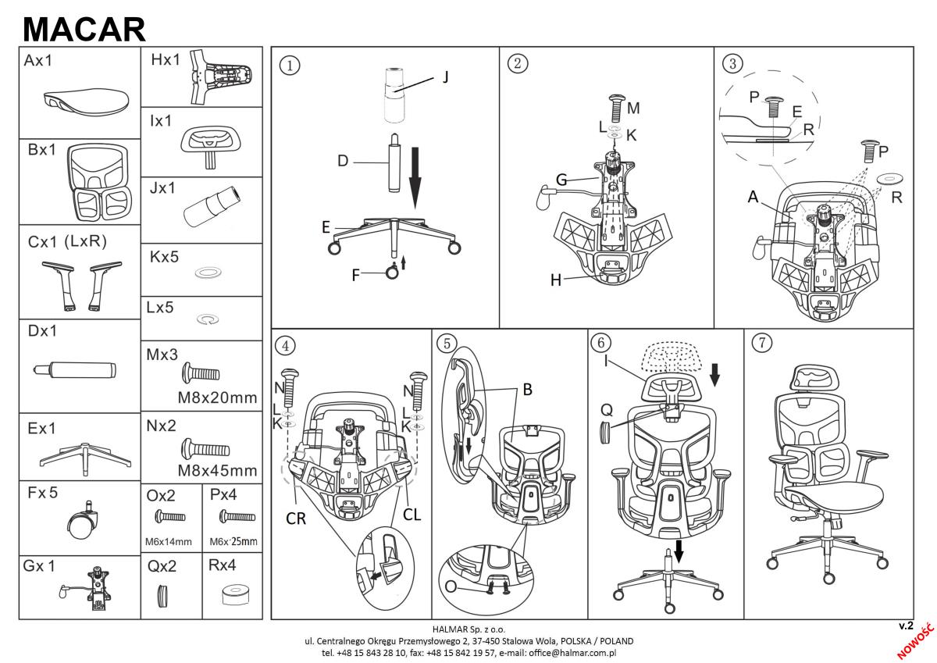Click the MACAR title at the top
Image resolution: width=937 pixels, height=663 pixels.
coord(84,29)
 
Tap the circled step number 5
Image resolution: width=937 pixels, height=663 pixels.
coord(446,344)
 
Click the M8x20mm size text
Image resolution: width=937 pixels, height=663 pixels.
coord(217,397)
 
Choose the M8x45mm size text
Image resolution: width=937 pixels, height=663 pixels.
coord(217,470)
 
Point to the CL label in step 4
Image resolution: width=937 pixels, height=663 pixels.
coord(412,516)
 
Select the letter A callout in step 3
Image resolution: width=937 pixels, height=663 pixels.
coord(753,198)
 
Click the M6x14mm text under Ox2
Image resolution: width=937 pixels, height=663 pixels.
coord(168,541)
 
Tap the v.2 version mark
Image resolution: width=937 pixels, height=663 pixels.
coord(906,626)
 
